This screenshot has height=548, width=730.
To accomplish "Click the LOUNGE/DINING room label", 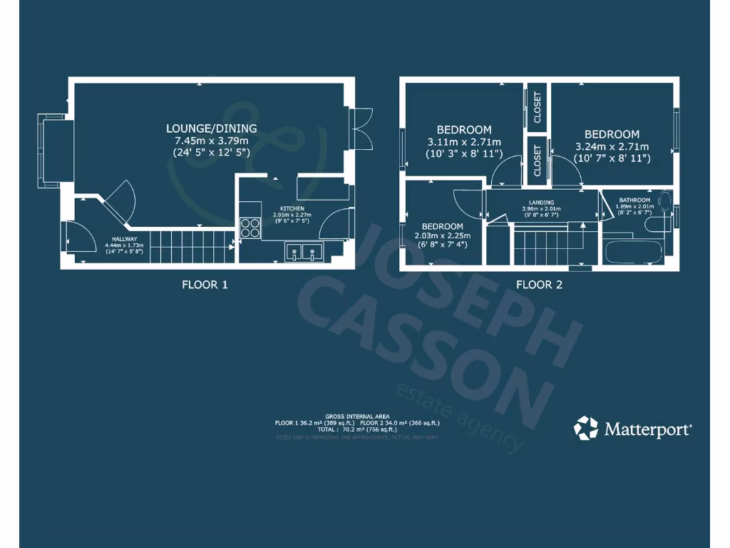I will (x=212, y=128).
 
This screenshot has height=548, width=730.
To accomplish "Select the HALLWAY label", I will (x=124, y=239).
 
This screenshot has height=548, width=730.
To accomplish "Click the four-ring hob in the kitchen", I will (x=250, y=228).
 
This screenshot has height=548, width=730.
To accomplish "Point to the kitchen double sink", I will (x=304, y=251).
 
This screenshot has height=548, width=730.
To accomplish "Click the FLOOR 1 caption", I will (x=205, y=285).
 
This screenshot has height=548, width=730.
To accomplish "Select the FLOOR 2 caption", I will (x=539, y=285).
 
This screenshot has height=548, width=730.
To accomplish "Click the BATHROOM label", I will (x=634, y=200).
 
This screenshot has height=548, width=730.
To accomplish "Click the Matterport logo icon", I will (x=586, y=428).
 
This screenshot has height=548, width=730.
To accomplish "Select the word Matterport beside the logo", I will (x=648, y=429).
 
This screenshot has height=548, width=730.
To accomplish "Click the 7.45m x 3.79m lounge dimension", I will (x=212, y=141).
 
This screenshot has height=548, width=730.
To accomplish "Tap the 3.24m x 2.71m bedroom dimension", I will (x=612, y=146).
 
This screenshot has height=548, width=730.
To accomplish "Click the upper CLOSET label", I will (x=537, y=108).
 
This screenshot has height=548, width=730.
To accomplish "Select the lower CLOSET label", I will (x=537, y=161).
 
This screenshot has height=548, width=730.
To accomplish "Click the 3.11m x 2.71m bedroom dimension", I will (x=464, y=142).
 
